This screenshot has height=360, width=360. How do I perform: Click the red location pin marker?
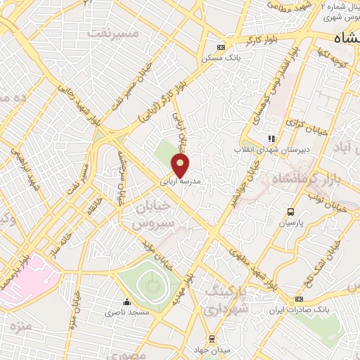pos(181,165)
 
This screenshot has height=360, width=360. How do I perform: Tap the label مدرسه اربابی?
pos(181,181)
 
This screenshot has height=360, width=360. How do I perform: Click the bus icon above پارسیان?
pos(290,212)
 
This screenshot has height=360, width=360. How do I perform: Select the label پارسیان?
pos(290,223)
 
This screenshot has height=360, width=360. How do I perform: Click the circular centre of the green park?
pos(149,285)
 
